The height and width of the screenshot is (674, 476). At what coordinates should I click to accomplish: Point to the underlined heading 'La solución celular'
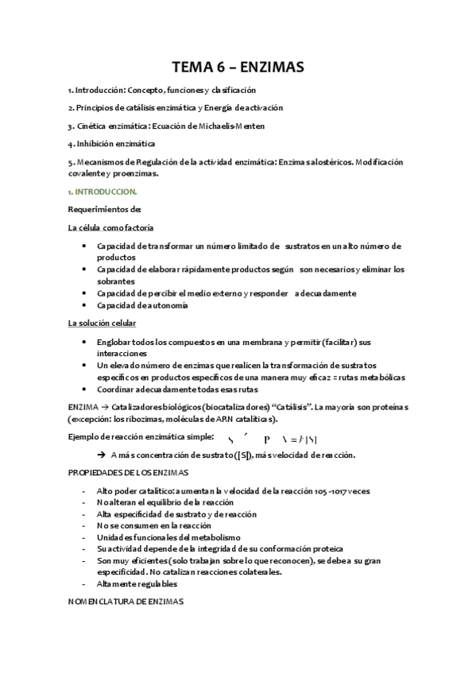coord(102,323)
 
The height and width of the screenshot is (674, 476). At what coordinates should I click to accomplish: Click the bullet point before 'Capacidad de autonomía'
coord(85,305)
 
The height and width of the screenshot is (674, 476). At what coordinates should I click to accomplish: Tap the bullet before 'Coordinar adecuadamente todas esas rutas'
coord(85,389)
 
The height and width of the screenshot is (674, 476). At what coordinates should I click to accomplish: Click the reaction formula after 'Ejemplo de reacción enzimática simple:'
coord(278,439)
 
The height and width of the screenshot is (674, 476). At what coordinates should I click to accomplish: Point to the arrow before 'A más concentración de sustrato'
coord(102,454)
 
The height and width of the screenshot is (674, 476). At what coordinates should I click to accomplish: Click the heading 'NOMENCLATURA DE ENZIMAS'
coord(126,602)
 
